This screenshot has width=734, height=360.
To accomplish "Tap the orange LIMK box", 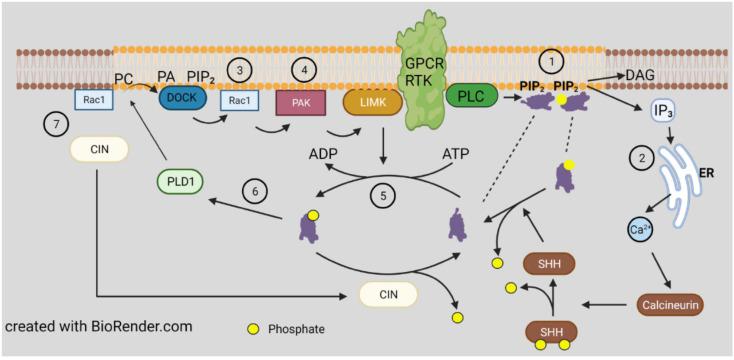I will click(372, 103).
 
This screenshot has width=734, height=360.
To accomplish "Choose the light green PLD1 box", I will click(186, 182).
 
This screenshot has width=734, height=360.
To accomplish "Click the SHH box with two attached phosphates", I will click(552, 332).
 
